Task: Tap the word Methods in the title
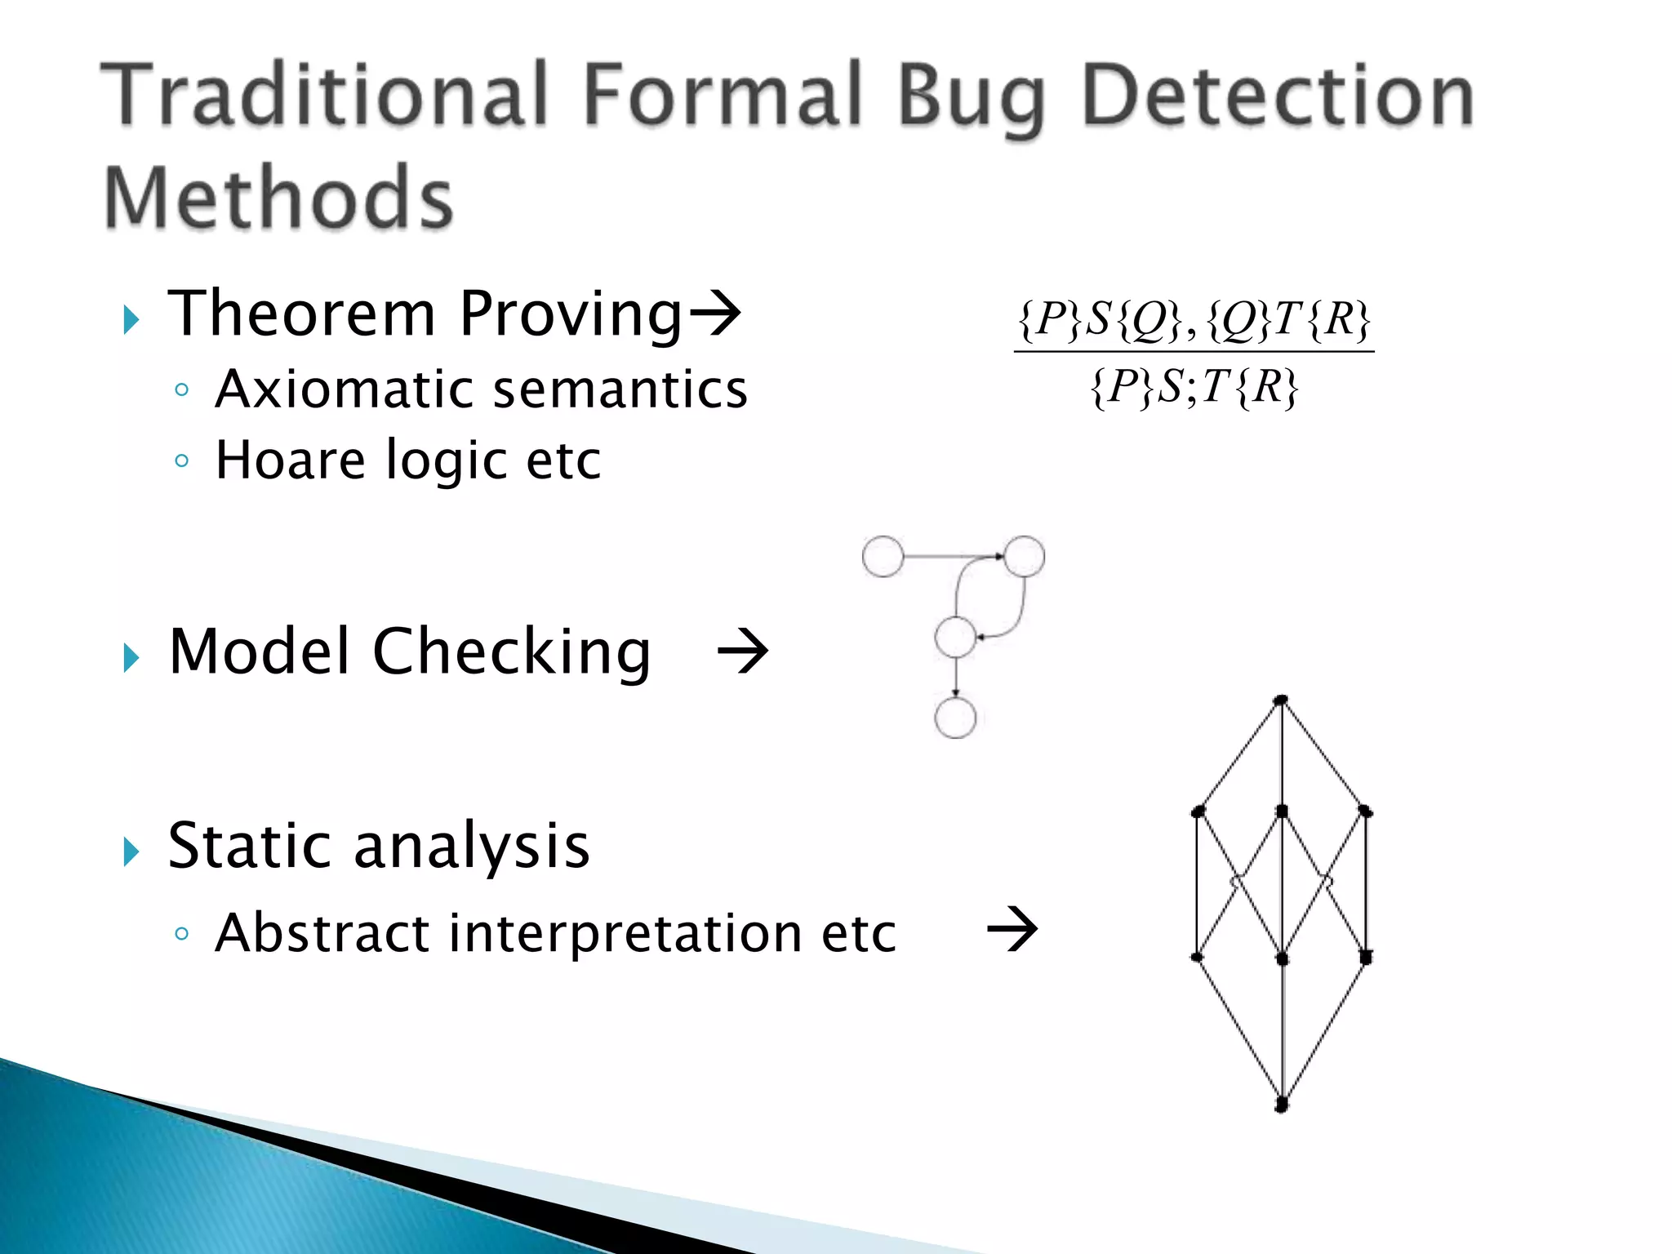point(278,198)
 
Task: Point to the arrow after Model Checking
point(742,651)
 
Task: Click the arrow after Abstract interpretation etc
point(1012,930)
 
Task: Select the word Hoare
point(290,460)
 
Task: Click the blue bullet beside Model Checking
point(131,657)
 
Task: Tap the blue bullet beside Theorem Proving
point(131,319)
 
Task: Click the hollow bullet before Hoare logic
point(182,461)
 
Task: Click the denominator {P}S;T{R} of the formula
point(1194,387)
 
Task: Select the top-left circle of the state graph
point(883,557)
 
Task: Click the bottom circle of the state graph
point(955,718)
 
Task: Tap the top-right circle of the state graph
point(1024,557)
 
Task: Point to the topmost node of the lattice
point(1281,700)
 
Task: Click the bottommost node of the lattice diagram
point(1282,1105)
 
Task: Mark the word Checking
point(512,653)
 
